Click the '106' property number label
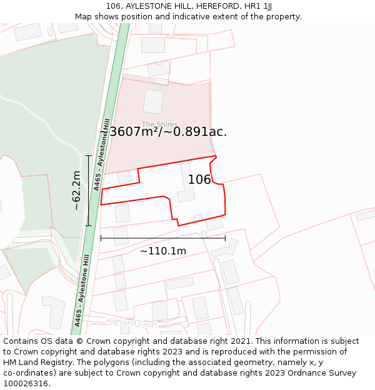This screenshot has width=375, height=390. click(x=199, y=180)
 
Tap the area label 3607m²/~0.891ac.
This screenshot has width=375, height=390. click(x=168, y=132)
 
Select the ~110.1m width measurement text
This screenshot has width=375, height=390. click(x=162, y=251)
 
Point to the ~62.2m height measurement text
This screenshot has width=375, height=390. click(x=76, y=190)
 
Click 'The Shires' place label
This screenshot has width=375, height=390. click(x=159, y=124)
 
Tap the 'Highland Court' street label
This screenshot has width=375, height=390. click(x=131, y=323)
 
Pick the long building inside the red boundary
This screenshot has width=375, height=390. click(x=186, y=182)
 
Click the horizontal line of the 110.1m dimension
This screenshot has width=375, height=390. click(x=162, y=238)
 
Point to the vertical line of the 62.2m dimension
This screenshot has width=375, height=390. click(x=88, y=190)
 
